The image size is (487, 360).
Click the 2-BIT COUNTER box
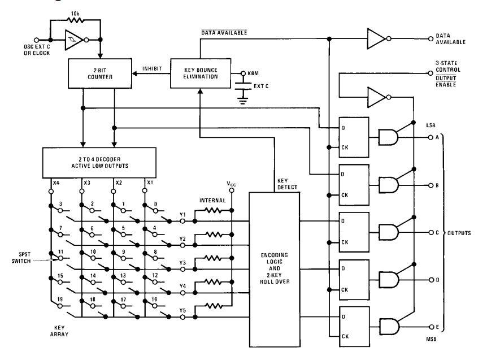[100, 73]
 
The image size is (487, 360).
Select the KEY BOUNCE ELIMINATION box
[201, 73]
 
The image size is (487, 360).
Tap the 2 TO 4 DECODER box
[99, 162]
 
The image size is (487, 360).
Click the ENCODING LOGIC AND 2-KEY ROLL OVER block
[275, 270]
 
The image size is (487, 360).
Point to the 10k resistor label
[75, 14]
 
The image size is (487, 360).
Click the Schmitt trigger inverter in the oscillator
[74, 40]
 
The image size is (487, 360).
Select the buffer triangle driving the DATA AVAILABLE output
[377, 39]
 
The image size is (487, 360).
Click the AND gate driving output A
[388, 137]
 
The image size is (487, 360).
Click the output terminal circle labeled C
[431, 233]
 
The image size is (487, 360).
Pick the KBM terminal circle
[243, 73]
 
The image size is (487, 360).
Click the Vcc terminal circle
[232, 190]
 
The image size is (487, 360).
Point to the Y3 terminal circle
[182, 269]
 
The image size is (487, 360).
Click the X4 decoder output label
[56, 183]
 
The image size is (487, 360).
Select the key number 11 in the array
[60, 251]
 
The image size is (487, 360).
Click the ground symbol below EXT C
[243, 99]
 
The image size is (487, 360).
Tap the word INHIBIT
[152, 68]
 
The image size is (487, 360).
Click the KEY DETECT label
[287, 184]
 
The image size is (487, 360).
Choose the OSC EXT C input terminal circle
[36, 40]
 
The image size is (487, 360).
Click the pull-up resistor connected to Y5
[214, 306]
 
